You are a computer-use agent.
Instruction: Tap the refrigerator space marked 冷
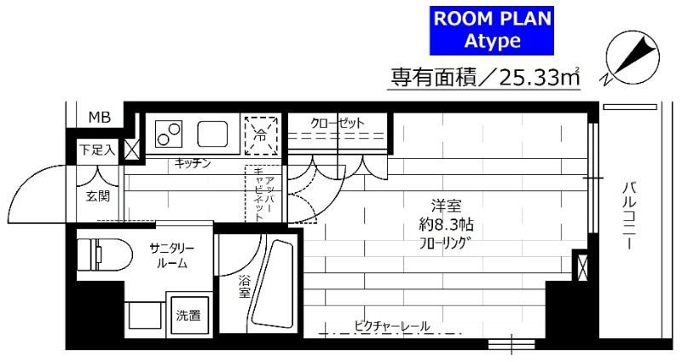click(x=262, y=134)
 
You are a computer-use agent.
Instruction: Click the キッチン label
click(x=192, y=163)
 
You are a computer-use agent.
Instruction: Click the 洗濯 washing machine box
click(x=188, y=316)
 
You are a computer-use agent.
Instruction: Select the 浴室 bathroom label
click(x=244, y=287)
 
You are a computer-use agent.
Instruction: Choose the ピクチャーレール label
click(x=392, y=325)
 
